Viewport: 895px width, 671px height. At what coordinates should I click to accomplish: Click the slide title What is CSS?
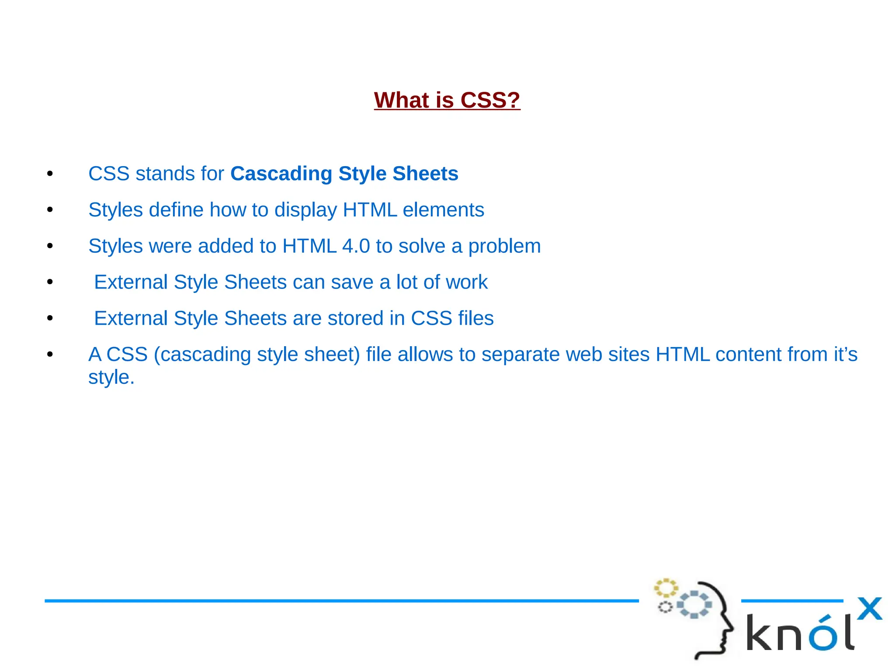coord(447,100)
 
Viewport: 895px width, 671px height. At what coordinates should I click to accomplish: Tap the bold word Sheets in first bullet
coord(425,174)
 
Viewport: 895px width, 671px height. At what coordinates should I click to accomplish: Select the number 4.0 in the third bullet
coord(356,246)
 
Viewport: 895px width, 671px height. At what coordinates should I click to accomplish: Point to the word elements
coord(443,210)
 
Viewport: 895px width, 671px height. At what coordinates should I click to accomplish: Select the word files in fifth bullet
coord(475,318)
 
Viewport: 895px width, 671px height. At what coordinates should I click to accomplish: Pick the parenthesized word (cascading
coord(202,355)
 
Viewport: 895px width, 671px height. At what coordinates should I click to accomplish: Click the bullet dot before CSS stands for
coord(50,174)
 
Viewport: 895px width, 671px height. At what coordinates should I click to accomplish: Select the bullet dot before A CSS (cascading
coord(50,355)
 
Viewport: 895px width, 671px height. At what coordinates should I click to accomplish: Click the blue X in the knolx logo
coord(869,609)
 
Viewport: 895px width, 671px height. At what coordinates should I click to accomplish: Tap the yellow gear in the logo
coord(666,588)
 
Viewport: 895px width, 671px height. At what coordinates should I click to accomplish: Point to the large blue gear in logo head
coord(694,605)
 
